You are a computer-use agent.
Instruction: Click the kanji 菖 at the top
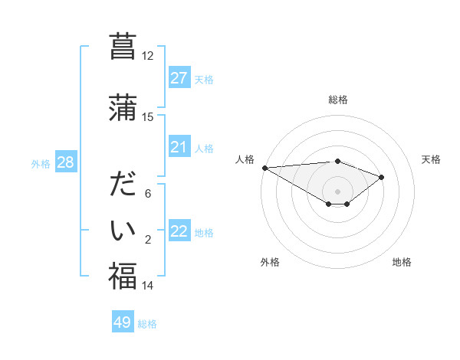[123, 47]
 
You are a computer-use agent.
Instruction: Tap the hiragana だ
[123, 185]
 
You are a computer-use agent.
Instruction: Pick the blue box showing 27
[179, 78]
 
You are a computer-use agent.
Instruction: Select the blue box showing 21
[179, 147]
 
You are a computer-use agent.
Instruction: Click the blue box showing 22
[179, 231]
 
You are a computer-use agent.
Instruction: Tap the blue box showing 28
[64, 162]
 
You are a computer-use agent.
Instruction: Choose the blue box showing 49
[123, 322]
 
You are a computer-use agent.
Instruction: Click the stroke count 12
[147, 56]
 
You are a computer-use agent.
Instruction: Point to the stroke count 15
[147, 117]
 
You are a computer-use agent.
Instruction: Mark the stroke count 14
[147, 286]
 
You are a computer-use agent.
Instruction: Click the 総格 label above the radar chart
[337, 100]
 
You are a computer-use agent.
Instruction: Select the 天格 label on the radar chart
[431, 159]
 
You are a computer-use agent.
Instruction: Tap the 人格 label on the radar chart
[245, 159]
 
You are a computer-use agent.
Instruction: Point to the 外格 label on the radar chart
[269, 262]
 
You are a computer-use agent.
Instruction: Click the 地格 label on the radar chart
[402, 262]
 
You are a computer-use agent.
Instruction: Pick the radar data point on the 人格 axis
[264, 168]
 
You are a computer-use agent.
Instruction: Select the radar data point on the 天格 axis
[381, 177]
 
